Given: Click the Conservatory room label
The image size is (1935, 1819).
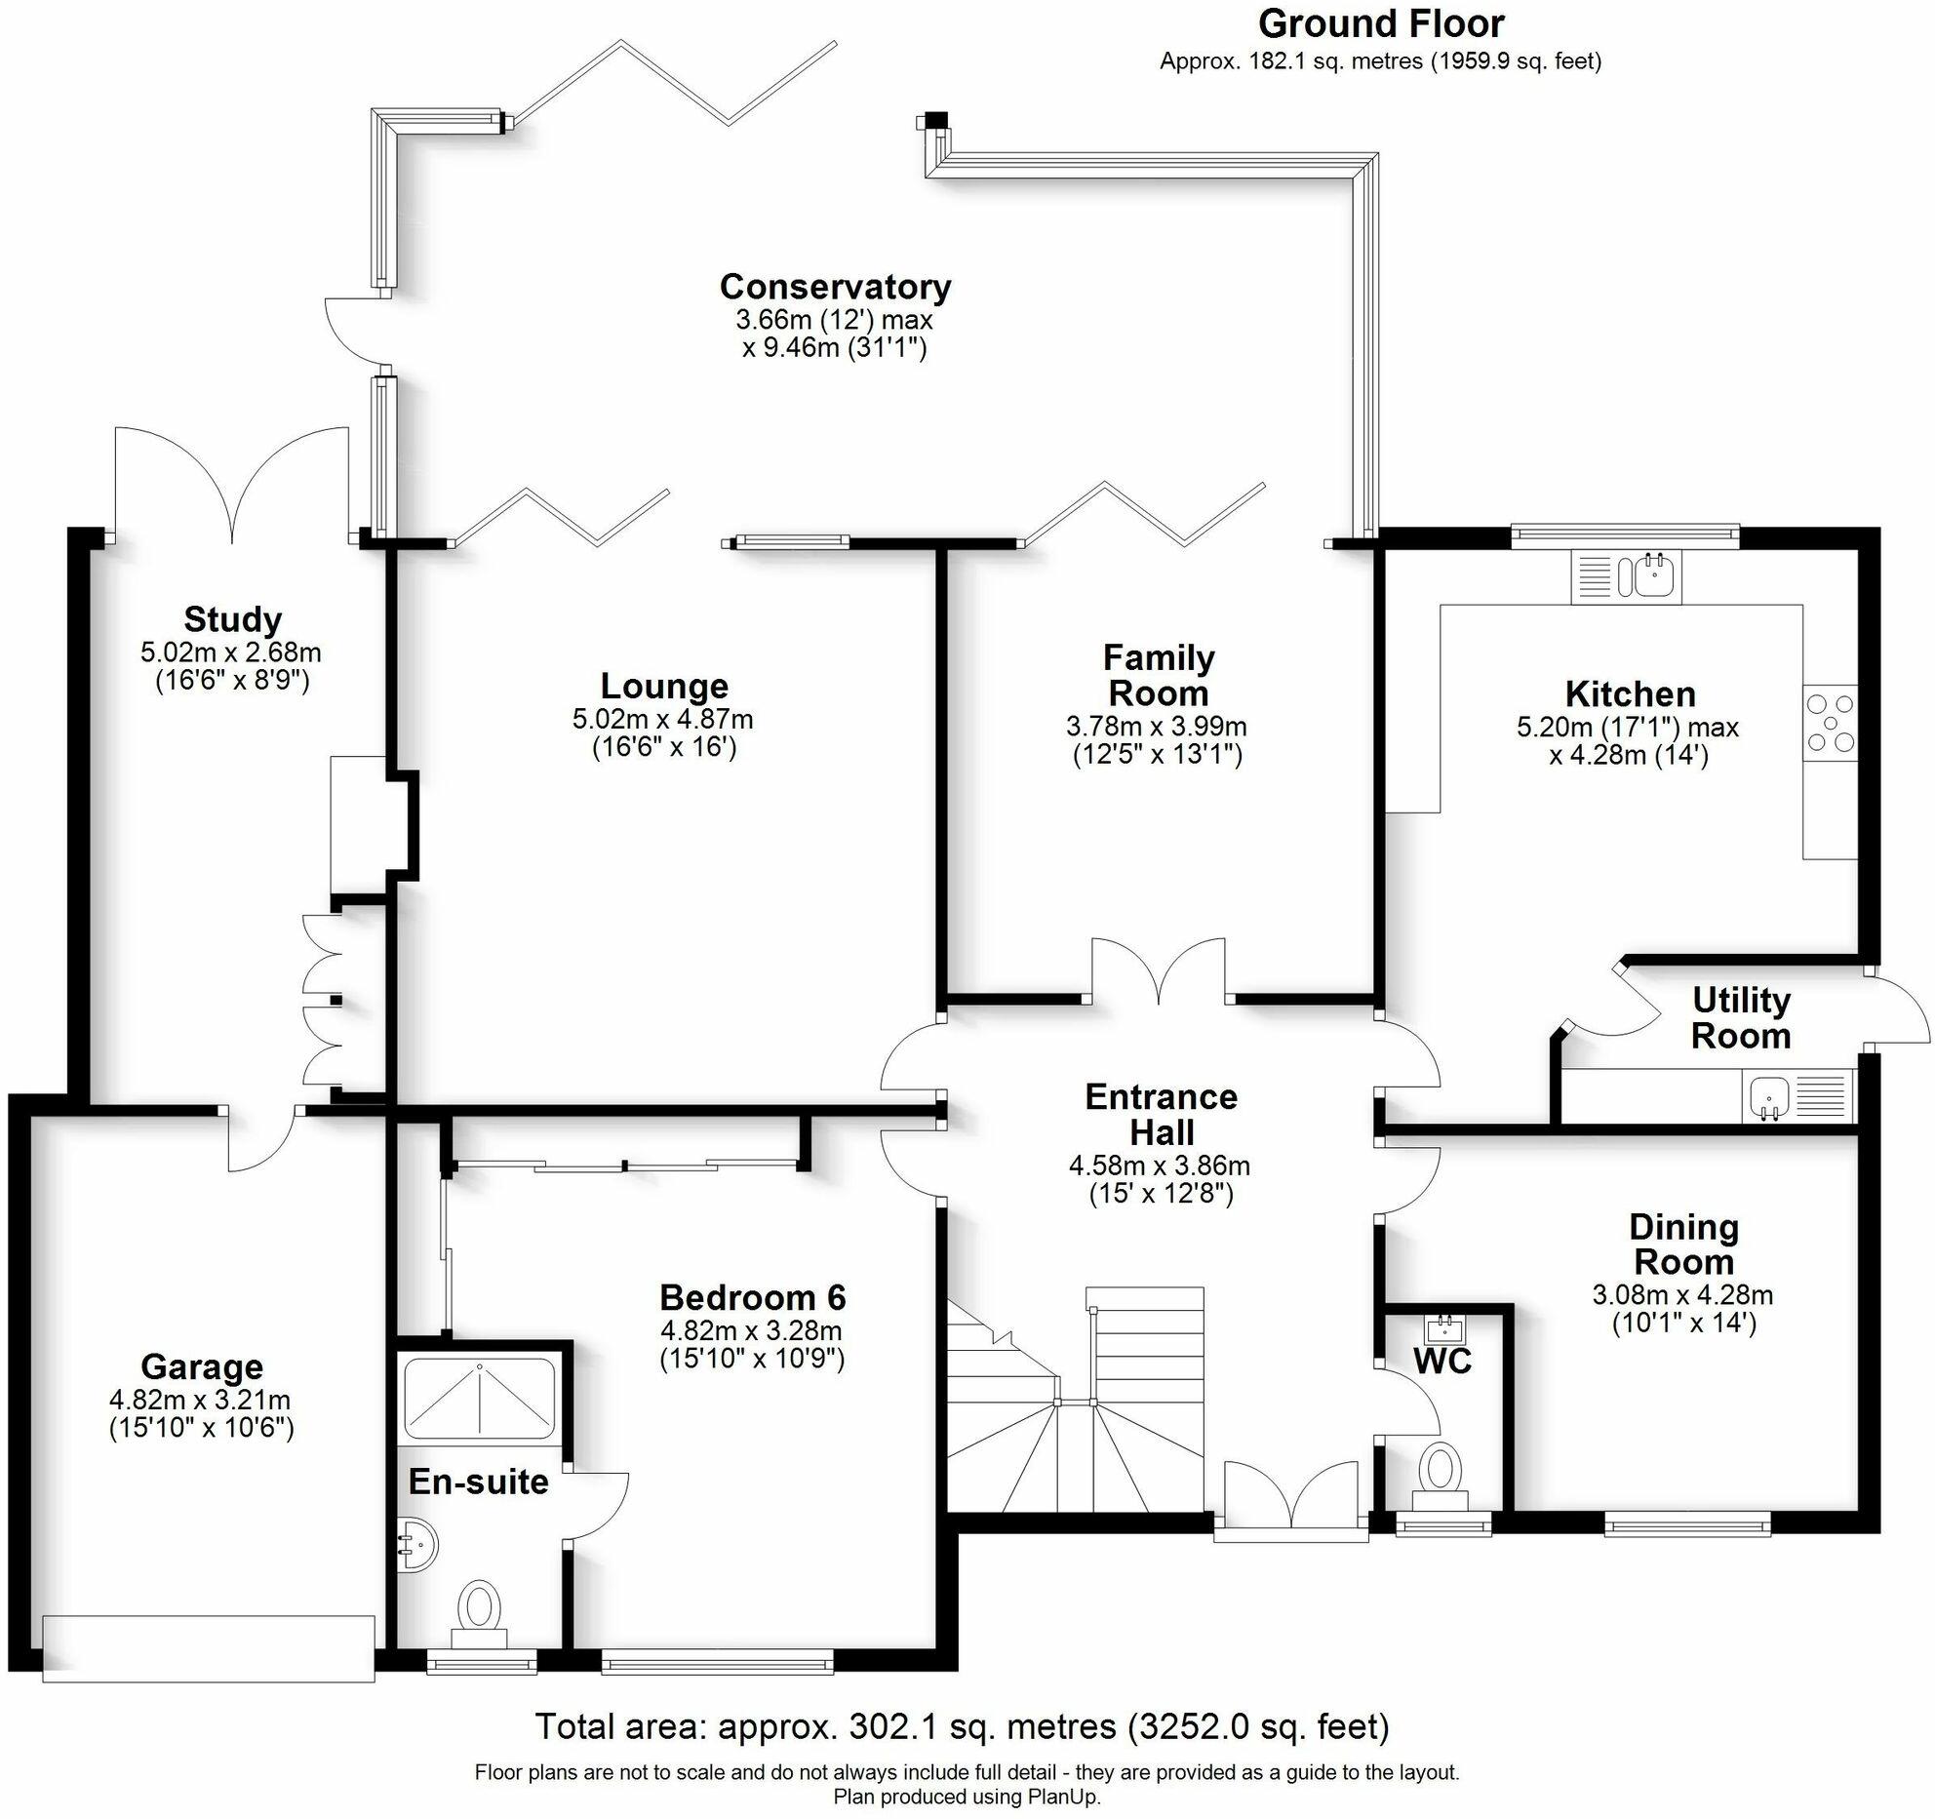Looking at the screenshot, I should [x=835, y=287].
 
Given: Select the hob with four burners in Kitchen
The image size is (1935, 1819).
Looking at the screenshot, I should [x=1830, y=724].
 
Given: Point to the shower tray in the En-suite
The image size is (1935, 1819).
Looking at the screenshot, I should [x=479, y=1401].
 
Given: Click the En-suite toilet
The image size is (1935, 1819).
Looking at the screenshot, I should [x=479, y=1610].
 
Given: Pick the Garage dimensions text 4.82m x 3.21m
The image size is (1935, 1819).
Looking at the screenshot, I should [x=200, y=1400].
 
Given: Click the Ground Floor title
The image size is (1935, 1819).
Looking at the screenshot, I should [x=1381, y=23].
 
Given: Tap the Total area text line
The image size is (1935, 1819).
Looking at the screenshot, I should [x=962, y=1725].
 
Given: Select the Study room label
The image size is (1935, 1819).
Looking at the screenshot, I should [x=233, y=619].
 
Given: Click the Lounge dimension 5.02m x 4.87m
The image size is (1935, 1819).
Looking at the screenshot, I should [x=663, y=720].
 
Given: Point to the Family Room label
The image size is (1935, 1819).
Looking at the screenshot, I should [x=1158, y=675].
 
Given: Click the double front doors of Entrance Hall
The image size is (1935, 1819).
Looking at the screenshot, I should [x=1289, y=1502].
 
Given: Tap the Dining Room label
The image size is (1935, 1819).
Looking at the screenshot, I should [x=1683, y=1244].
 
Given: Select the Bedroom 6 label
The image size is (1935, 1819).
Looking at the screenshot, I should [x=752, y=1297].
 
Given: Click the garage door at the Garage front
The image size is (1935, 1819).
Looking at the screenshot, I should [x=209, y=1648].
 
